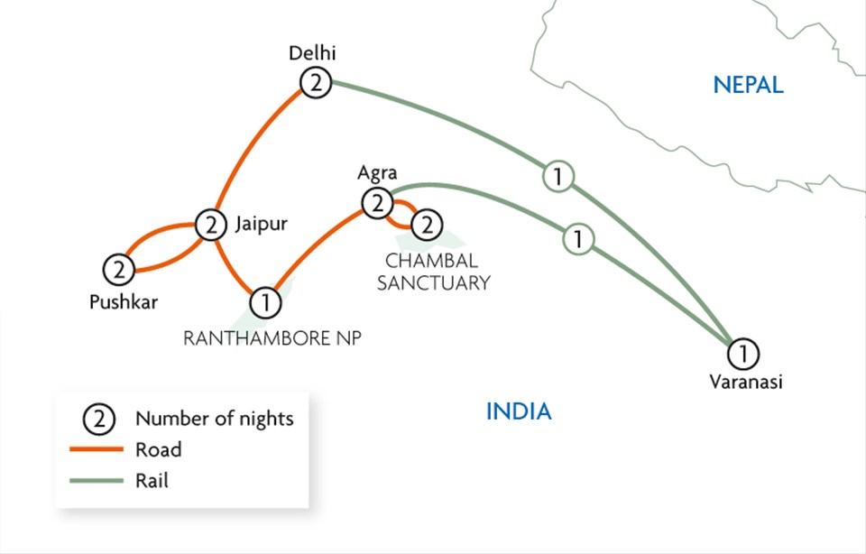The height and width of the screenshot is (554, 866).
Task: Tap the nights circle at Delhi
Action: coord(317,84)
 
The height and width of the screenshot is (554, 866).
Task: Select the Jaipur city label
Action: coord(261,224)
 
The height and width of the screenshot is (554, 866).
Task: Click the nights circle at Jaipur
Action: coord(210,225)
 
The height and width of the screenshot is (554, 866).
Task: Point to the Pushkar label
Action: coord(123,302)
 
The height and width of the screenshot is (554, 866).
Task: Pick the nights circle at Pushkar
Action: coord(117,268)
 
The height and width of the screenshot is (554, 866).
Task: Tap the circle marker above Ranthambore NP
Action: coord(264,301)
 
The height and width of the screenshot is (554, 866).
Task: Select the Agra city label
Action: coord(377,172)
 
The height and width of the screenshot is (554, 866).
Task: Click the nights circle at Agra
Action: coord(376,203)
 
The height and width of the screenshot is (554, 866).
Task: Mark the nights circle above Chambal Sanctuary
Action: coord(426,222)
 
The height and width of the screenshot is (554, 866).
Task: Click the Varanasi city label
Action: coord(745,382)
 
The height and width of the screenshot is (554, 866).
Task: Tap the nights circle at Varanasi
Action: coord(743,351)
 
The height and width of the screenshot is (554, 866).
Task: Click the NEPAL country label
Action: coord(748,86)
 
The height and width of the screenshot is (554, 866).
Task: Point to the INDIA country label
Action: coord(519,412)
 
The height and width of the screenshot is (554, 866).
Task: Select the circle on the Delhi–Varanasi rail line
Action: coord(558,177)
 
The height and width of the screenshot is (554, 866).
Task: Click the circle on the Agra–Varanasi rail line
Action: coord(577,241)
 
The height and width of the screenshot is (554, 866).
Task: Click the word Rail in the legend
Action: coord(152,481)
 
